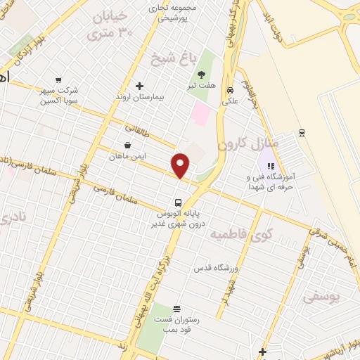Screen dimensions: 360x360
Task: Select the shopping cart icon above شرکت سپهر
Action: pyautogui.click(x=58, y=80)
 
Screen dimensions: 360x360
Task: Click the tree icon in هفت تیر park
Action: pyautogui.click(x=202, y=75)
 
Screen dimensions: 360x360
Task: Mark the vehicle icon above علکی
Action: pyautogui.click(x=230, y=89)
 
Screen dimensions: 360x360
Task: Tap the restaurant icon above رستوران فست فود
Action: pyautogui.click(x=176, y=309)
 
